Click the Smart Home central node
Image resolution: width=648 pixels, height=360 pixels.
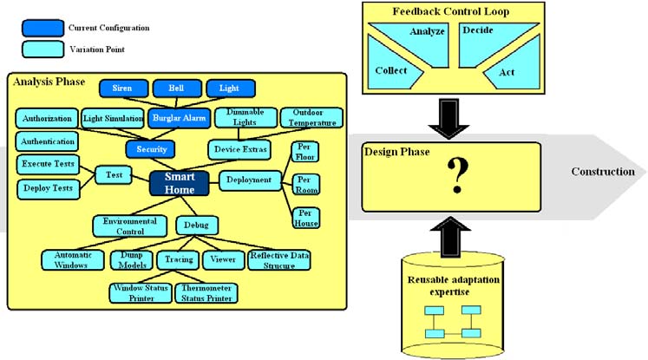click(x=179, y=181)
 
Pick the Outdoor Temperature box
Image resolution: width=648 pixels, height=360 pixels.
click(x=311, y=117)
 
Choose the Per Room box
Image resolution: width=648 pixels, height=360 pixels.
click(x=305, y=184)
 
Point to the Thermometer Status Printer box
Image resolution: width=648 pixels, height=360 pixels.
click(x=206, y=292)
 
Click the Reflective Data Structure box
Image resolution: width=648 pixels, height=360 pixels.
click(x=279, y=259)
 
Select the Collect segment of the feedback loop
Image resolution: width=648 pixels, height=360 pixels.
click(x=392, y=70)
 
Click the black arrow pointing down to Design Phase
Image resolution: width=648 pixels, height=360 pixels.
click(x=450, y=119)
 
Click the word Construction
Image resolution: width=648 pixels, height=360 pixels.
click(x=602, y=172)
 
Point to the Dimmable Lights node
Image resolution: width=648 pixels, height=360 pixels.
click(x=242, y=117)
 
